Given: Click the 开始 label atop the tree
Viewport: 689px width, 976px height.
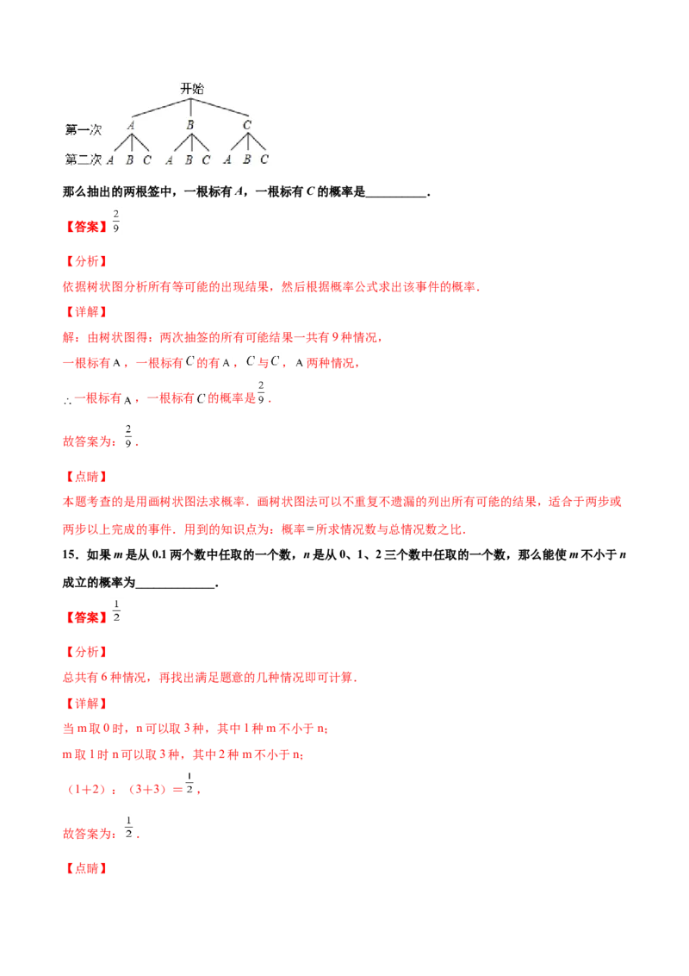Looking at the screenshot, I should click(x=191, y=89).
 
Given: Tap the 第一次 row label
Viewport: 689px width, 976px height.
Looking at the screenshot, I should click(x=84, y=129).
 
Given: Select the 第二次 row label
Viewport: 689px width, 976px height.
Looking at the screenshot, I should click(x=84, y=160).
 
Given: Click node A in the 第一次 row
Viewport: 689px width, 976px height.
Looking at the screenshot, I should click(x=131, y=126).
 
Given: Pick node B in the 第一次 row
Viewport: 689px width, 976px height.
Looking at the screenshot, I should click(x=189, y=126).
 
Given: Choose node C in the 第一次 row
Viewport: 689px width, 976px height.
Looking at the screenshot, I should click(x=247, y=126).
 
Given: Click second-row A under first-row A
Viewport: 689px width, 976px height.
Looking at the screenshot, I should click(x=111, y=160).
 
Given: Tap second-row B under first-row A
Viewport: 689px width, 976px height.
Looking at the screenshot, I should click(x=129, y=160).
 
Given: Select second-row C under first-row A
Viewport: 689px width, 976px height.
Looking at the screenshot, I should click(x=147, y=160).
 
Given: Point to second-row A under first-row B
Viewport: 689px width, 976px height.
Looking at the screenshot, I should click(x=170, y=160).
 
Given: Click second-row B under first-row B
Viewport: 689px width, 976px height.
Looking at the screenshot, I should click(x=189, y=160).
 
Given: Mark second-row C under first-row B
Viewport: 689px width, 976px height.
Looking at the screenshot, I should click(x=206, y=160).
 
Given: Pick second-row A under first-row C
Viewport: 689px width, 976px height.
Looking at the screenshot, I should click(x=228, y=160).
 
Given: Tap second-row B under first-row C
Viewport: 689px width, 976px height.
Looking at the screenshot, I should click(x=246, y=160).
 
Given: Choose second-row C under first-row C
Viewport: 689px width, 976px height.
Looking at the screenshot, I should click(x=264, y=160).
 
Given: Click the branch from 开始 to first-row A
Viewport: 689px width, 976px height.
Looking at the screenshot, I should click(x=160, y=107).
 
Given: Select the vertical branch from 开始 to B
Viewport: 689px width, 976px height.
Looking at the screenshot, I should click(x=190, y=108).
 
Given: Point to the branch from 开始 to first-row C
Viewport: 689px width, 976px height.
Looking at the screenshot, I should click(x=220, y=107).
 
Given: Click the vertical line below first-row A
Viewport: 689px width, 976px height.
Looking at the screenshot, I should click(x=130, y=143).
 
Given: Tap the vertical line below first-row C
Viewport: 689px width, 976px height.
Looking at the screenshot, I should click(x=246, y=143).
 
